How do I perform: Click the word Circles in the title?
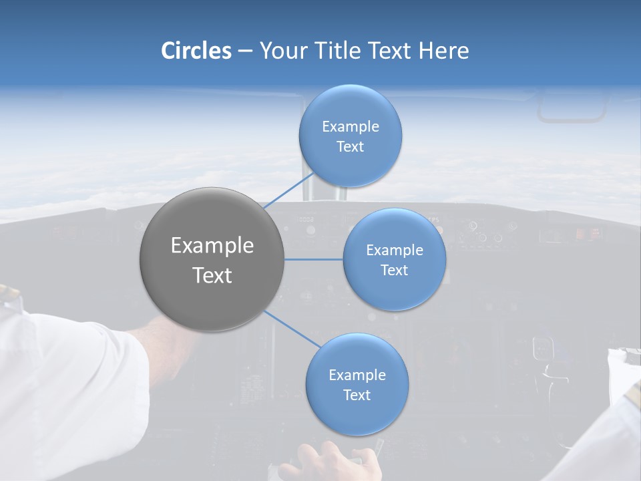point(196,51)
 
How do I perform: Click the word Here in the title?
point(444,51)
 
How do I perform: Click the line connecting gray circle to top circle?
point(288,190)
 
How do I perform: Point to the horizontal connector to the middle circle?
point(313,259)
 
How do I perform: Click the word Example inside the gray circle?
point(212,246)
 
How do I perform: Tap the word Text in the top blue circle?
point(350,147)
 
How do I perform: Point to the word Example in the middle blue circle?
point(394,251)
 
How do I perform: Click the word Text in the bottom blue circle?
point(357,395)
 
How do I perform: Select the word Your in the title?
point(281,51)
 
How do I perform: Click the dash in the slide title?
point(244,51)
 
